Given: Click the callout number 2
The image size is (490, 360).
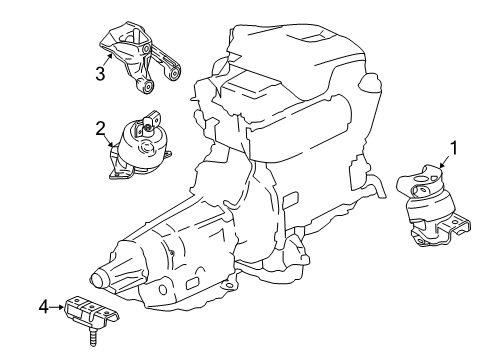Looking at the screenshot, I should point(101,127).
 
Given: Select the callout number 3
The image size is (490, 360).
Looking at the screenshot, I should point(101,71).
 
